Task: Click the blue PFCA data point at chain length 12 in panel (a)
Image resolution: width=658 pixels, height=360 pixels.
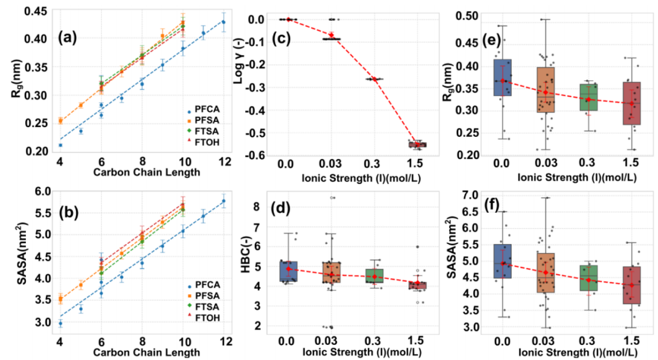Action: [x=224, y=22]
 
